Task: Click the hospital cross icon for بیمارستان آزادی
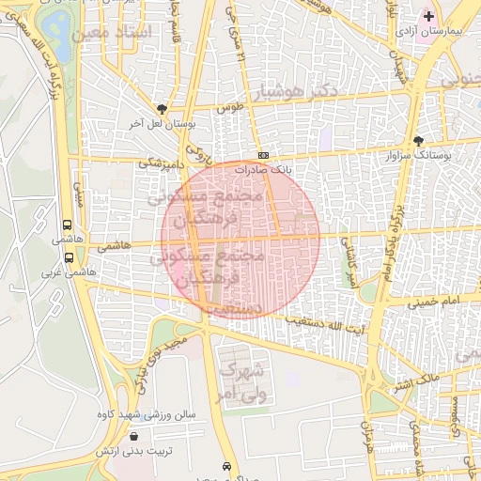429,17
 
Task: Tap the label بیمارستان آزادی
430,32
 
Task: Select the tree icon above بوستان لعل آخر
163,109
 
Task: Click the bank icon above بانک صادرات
263,155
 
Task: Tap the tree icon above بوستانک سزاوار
418,140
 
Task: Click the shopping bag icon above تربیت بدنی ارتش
133,436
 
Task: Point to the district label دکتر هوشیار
292,93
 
